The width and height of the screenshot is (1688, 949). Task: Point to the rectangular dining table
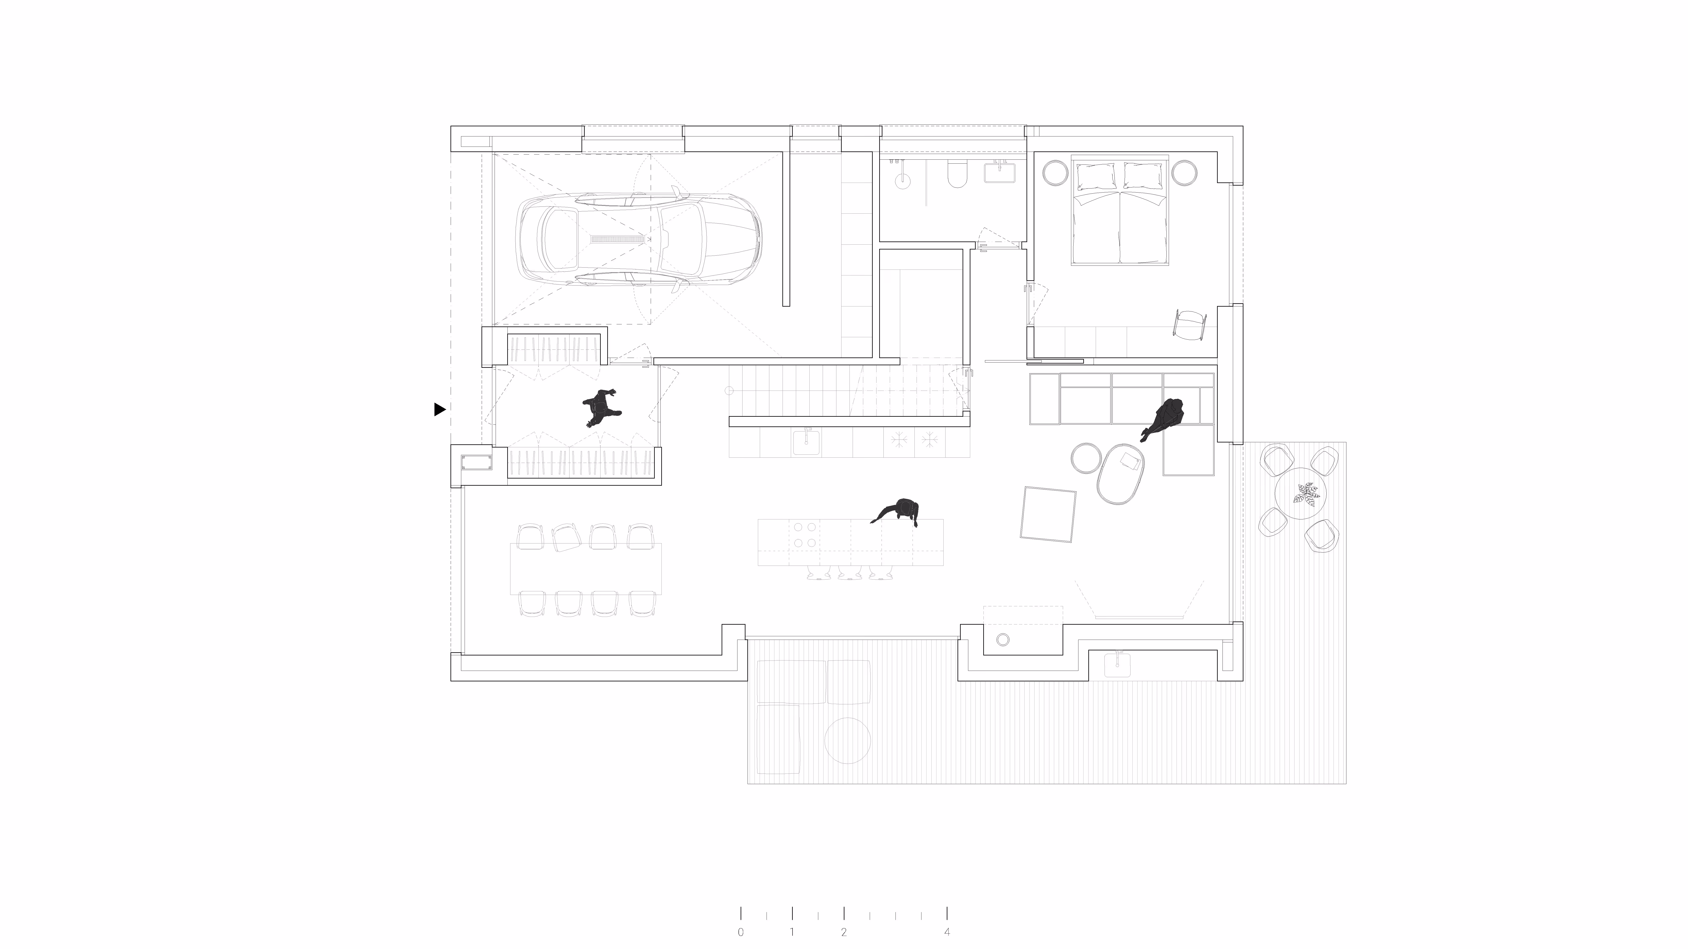pyautogui.click(x=586, y=569)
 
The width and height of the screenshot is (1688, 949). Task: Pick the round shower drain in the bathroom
pyautogui.click(x=903, y=180)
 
